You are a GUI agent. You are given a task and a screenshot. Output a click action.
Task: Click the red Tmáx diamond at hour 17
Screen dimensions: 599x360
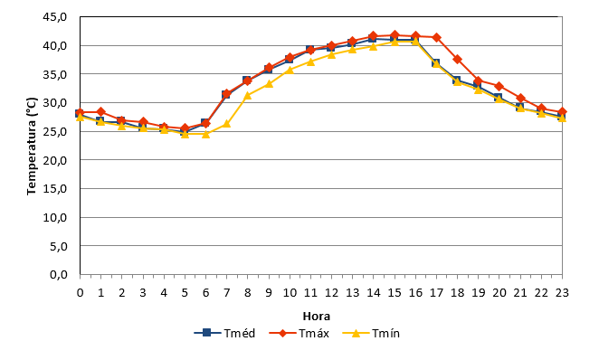(x=437, y=37)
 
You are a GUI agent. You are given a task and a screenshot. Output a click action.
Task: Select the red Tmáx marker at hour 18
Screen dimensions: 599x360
(x=458, y=59)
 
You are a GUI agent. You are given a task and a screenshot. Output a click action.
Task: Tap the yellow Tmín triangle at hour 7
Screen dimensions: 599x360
(x=226, y=124)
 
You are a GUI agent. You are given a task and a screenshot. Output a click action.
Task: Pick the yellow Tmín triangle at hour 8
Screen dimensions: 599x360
(x=248, y=95)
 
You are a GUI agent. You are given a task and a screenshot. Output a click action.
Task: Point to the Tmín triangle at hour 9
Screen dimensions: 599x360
(x=269, y=83)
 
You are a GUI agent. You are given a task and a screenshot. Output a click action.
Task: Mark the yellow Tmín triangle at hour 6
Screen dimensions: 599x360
(x=205, y=134)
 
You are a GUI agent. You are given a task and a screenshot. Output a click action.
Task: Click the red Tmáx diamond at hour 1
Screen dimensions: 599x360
(x=100, y=112)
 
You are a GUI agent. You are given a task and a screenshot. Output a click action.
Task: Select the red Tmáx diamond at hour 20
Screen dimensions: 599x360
(x=499, y=86)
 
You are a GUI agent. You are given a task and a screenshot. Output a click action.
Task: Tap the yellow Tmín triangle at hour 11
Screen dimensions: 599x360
(x=310, y=62)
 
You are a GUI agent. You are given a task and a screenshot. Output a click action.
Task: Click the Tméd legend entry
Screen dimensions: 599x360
(x=224, y=333)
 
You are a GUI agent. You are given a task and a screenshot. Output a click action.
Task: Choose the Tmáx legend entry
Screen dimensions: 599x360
(x=299, y=333)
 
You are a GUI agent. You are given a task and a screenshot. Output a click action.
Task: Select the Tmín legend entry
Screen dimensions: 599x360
(x=371, y=333)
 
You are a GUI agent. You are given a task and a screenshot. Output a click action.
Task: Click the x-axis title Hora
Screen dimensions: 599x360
(x=317, y=317)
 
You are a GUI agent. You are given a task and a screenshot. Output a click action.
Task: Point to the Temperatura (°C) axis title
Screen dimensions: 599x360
(x=32, y=147)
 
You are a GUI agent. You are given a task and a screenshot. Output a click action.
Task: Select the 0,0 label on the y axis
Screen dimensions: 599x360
(x=59, y=274)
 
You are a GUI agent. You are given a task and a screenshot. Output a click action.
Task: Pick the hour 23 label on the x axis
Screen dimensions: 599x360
(x=562, y=293)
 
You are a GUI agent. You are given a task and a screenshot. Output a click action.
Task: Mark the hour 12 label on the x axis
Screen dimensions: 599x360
(x=331, y=293)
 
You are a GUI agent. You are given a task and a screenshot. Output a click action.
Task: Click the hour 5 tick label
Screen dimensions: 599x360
(x=185, y=293)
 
